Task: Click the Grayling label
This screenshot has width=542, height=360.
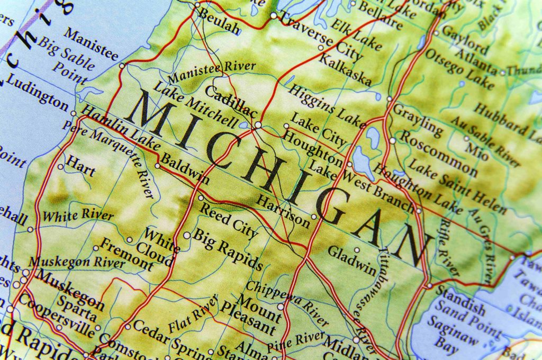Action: (418, 120)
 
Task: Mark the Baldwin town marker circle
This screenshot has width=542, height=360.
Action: (157, 166)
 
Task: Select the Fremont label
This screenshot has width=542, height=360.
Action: (126, 254)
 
